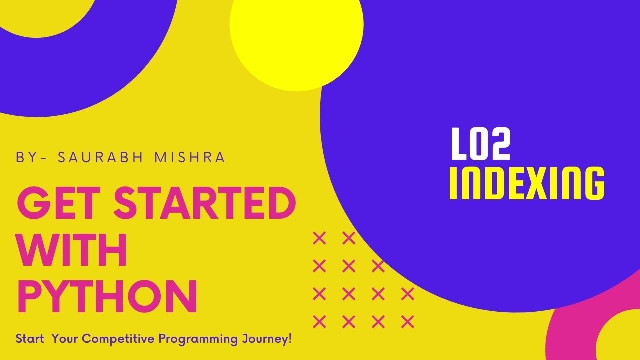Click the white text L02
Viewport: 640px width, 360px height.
[x=480, y=145]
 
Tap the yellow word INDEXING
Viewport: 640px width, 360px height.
[x=527, y=183]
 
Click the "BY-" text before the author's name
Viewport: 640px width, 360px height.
[x=31, y=157]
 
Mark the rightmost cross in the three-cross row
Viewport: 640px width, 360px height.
[x=378, y=266]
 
